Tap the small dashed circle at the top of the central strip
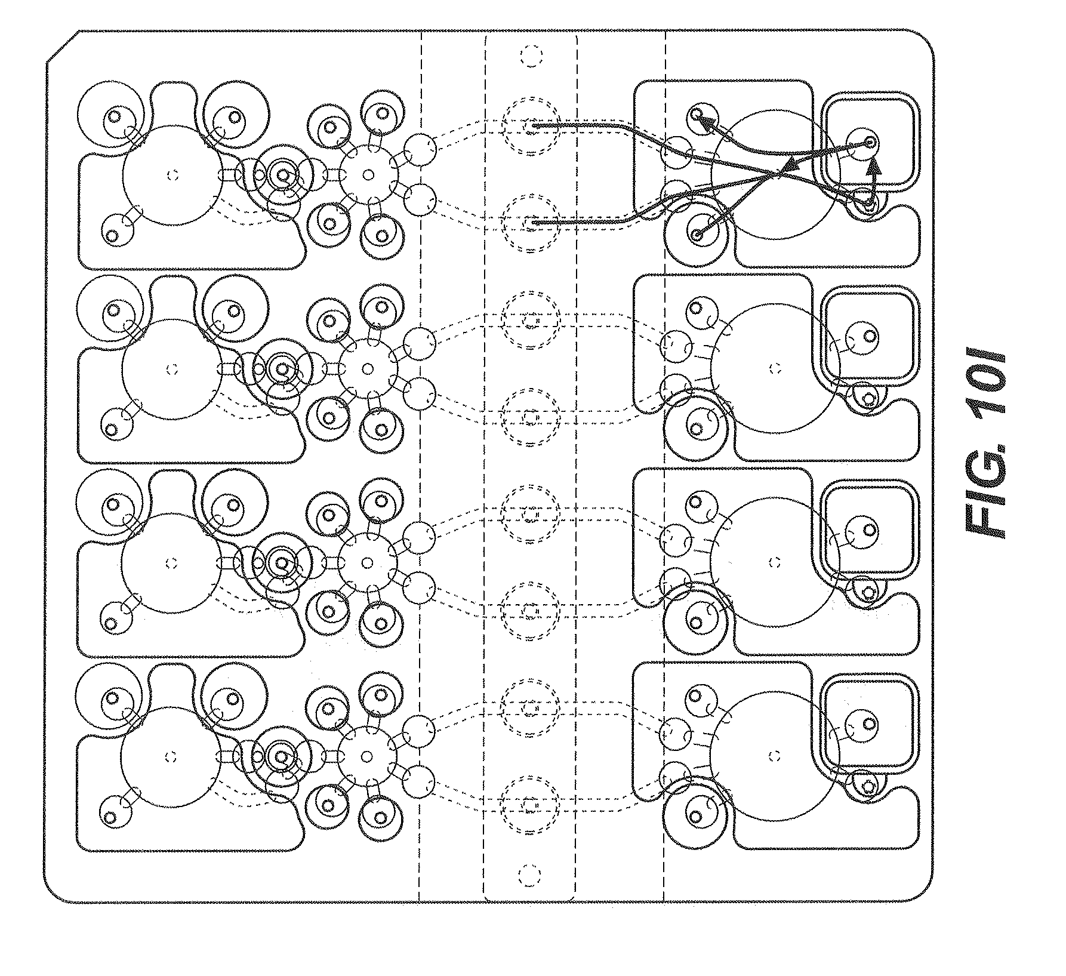point(529,57)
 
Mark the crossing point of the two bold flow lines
point(779,174)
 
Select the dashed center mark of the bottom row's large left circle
point(171,757)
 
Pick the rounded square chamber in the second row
point(871,338)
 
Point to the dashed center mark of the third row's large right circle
point(775,562)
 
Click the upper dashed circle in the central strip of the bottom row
point(530,709)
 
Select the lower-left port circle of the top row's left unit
point(111,235)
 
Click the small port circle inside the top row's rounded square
point(870,142)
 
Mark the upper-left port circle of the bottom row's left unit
point(112,697)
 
